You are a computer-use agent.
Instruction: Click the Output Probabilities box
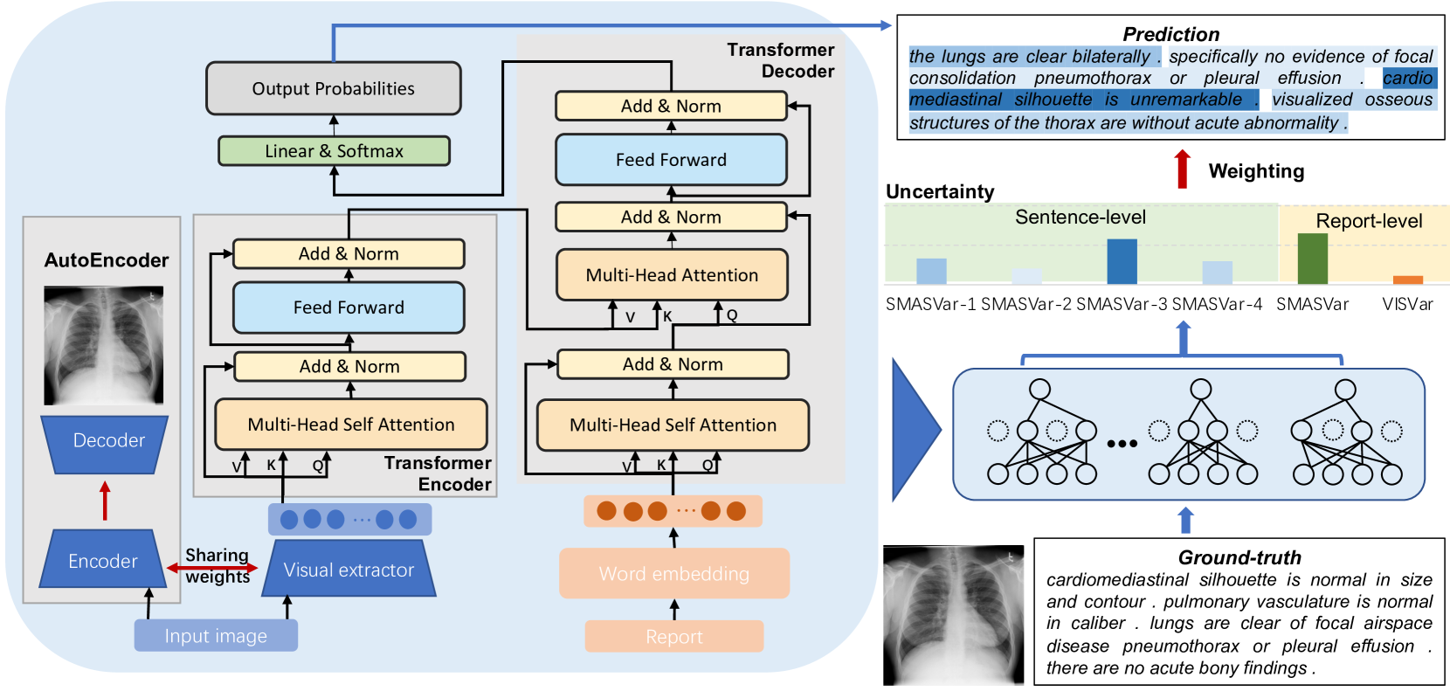(x=334, y=88)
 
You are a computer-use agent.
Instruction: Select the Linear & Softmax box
(x=334, y=151)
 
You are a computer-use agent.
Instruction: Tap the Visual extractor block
(x=349, y=569)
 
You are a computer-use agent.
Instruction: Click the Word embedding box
(x=673, y=573)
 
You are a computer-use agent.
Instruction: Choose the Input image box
(x=216, y=635)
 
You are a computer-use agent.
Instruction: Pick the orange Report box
(x=673, y=636)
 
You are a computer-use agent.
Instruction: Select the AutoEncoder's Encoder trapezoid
(x=103, y=560)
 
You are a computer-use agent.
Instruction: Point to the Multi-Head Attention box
(x=672, y=274)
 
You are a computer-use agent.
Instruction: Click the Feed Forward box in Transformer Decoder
(x=671, y=159)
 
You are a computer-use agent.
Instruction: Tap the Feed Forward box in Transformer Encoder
(x=349, y=307)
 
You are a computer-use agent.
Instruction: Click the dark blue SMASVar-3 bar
(x=1122, y=261)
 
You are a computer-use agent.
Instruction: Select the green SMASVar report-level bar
(x=1313, y=259)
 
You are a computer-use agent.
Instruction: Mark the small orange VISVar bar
(x=1408, y=280)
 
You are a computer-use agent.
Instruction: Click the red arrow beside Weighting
(x=1183, y=169)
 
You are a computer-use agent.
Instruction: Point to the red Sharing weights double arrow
(x=212, y=568)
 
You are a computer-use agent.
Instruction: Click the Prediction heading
(x=1171, y=34)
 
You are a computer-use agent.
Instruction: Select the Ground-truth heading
(x=1239, y=557)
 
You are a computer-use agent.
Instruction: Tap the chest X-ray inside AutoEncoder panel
(x=104, y=345)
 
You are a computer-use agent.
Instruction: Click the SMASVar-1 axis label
(x=930, y=304)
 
